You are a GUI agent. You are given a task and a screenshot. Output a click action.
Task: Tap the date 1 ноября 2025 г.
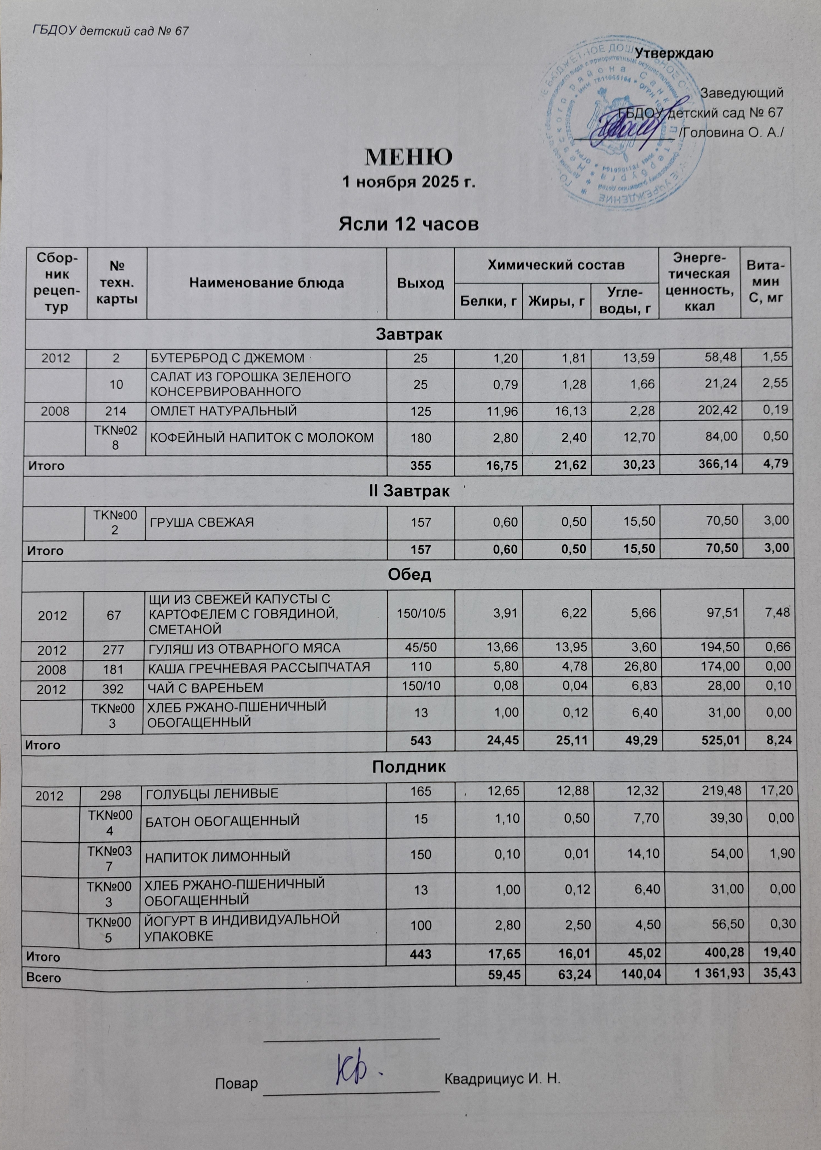[x=409, y=182]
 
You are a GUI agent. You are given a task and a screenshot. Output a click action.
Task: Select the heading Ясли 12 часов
[x=409, y=223]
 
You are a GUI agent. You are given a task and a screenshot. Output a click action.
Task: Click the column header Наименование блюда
[x=266, y=283]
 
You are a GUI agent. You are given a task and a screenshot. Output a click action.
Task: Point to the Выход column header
[x=420, y=283]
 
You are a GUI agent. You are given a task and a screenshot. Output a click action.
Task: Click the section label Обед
[x=409, y=575]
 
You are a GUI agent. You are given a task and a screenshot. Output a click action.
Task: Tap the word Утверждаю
[x=674, y=53]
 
